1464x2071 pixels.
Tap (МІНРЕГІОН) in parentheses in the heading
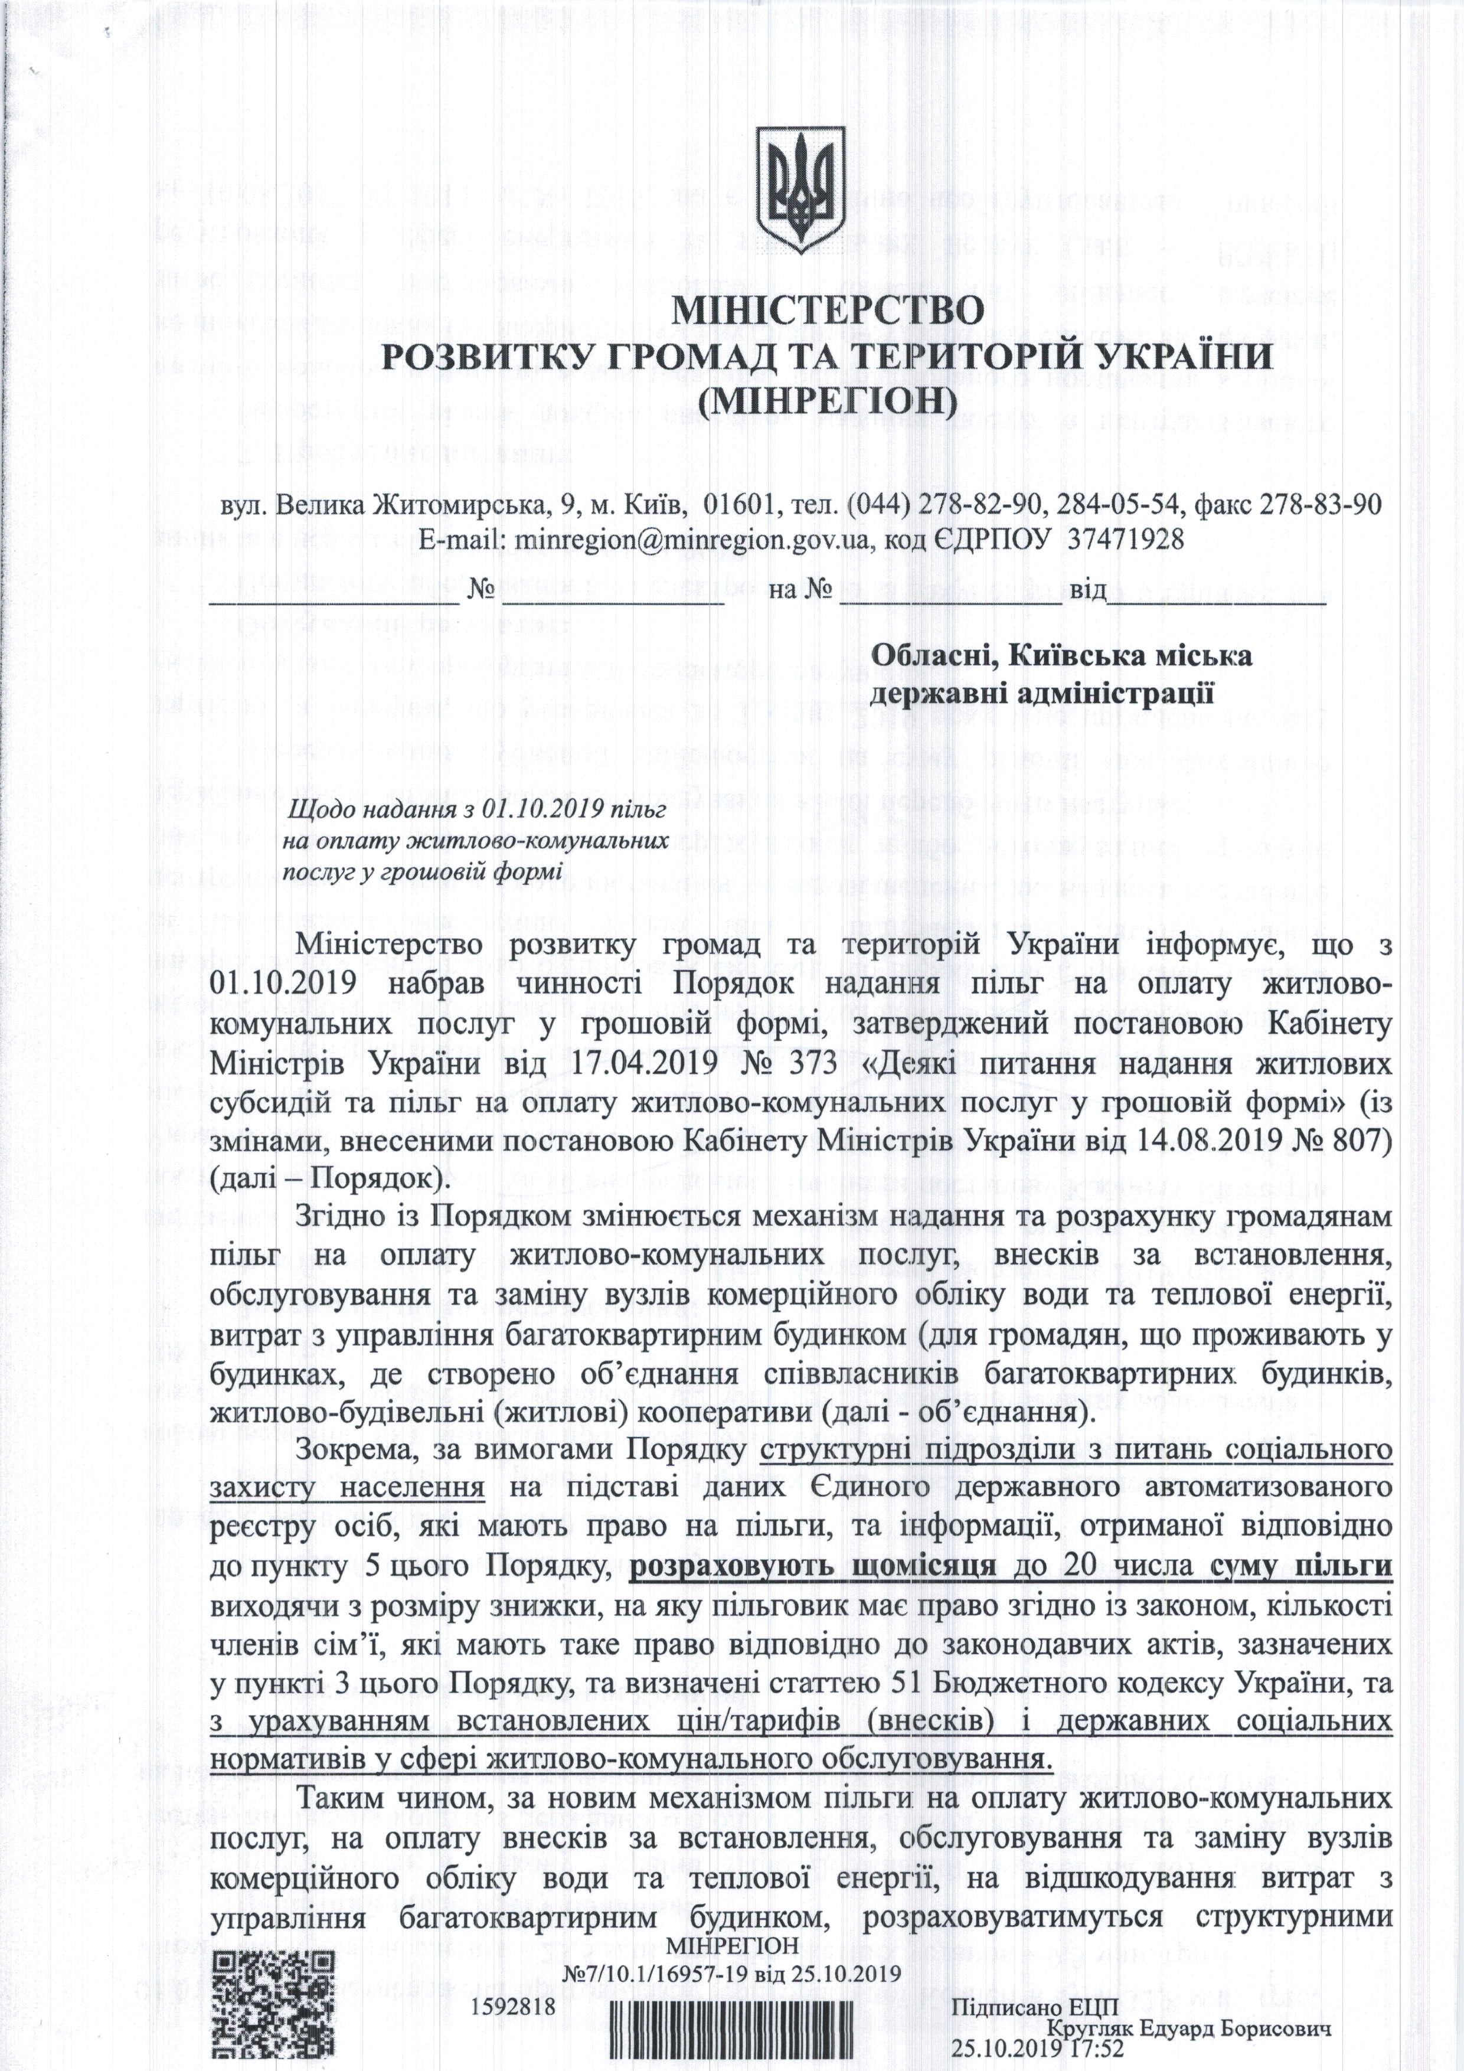pyautogui.click(x=826, y=398)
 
